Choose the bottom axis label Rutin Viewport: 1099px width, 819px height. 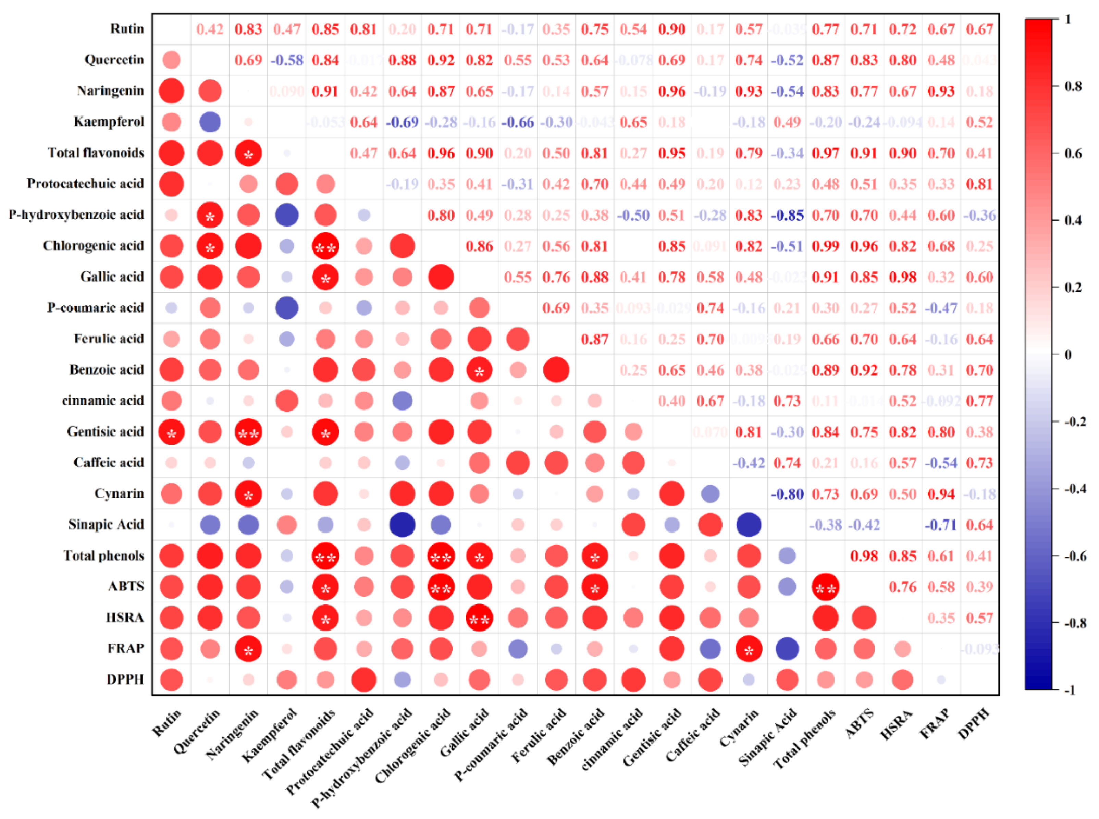tap(167, 722)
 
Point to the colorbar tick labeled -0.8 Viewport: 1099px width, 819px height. tap(1074, 623)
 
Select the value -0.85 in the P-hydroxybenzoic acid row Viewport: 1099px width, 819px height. tap(787, 215)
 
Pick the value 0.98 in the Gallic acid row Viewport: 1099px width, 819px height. tap(902, 277)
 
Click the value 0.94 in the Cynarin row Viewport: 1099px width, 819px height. tap(940, 494)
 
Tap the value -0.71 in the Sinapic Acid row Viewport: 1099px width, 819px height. tap(940, 525)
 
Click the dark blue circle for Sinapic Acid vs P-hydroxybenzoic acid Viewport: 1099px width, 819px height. tap(402, 525)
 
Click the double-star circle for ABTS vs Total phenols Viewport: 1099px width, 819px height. tap(826, 587)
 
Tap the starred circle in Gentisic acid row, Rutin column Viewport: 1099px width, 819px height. tap(171, 432)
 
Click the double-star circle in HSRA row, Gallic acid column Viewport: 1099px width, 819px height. tap(479, 618)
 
